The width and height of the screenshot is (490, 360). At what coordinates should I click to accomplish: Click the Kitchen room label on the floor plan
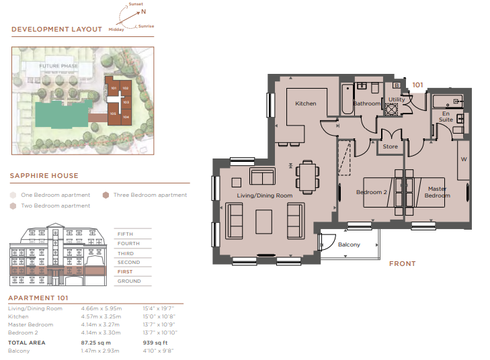tap(305, 103)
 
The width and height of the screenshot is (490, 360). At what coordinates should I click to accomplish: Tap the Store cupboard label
tap(390, 146)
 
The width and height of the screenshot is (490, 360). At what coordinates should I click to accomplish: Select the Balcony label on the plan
tap(349, 244)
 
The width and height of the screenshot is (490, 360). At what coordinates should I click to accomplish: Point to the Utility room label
tap(397, 99)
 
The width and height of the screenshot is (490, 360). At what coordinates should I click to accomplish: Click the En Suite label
tap(446, 116)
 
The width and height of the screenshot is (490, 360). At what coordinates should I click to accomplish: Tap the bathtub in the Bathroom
tap(347, 99)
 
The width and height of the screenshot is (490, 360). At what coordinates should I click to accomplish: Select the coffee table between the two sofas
tap(263, 222)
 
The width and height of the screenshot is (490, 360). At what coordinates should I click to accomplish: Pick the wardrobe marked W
tap(463, 160)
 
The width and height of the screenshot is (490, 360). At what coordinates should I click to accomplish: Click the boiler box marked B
tap(397, 85)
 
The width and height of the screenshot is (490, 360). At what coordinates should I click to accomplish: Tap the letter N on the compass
tap(143, 11)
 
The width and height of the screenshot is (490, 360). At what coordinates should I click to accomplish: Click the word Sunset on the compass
tap(136, 4)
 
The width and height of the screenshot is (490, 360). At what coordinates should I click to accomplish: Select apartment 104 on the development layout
tap(126, 117)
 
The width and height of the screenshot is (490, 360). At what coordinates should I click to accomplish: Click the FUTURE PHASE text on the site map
tap(58, 66)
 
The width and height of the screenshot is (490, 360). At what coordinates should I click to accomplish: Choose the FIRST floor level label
tap(125, 271)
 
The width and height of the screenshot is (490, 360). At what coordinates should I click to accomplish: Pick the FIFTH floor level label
tap(125, 234)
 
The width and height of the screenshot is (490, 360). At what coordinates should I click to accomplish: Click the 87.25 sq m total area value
tap(95, 343)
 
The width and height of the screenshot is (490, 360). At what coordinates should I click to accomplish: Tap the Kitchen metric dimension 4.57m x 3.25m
tap(101, 316)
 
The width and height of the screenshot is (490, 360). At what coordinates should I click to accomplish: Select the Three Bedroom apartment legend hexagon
tap(106, 195)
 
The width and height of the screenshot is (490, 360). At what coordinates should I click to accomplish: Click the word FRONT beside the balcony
tap(402, 263)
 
